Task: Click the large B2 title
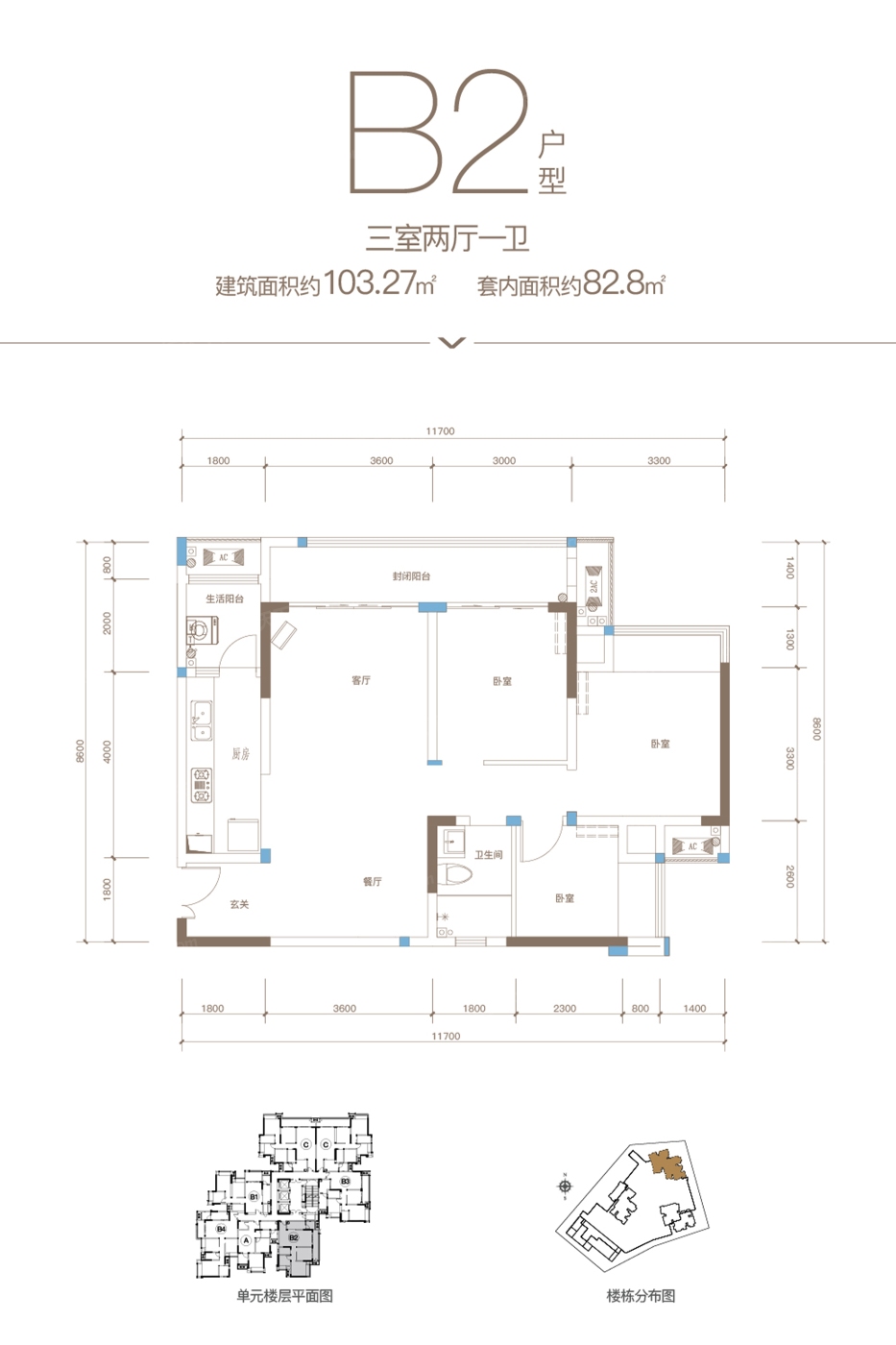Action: tap(438, 133)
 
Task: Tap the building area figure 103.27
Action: tap(371, 283)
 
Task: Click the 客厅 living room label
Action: tap(361, 680)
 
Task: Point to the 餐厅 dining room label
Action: tap(373, 881)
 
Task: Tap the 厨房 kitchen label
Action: tap(240, 754)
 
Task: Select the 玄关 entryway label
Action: tap(239, 904)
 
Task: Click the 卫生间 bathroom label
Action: tap(488, 854)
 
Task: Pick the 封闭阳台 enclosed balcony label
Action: tap(411, 576)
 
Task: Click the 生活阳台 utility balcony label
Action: tap(225, 599)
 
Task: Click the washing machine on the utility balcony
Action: tap(203, 631)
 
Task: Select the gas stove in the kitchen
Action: tap(202, 784)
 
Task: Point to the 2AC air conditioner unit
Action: tap(593, 586)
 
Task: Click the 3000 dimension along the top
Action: tap(504, 461)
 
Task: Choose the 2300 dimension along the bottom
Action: tap(565, 1009)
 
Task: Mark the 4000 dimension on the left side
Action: tap(107, 751)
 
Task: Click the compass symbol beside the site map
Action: tap(565, 1186)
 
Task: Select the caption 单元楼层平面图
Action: tap(284, 1296)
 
